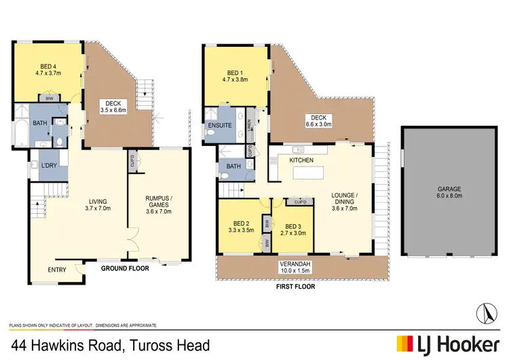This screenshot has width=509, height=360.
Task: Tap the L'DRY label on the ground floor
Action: click(48, 166)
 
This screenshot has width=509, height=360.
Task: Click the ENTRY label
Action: click(58, 270)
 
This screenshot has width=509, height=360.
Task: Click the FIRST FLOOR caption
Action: click(295, 286)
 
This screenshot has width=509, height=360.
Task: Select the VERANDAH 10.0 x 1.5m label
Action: click(295, 267)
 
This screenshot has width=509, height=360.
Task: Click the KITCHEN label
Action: click(300, 159)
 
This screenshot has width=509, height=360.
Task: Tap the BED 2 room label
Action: click(242, 226)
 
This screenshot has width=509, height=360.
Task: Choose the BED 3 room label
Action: click(295, 230)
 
